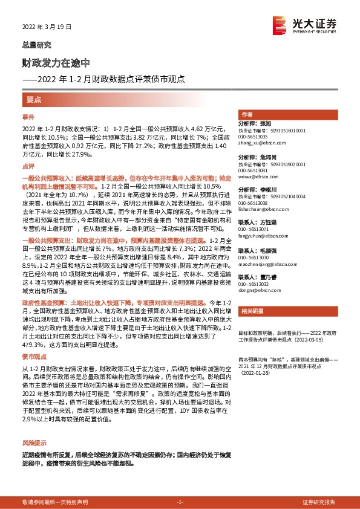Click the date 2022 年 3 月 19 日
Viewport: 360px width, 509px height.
pyautogui.click(x=47, y=27)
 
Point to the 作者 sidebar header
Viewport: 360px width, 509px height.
pyautogui.click(x=246, y=114)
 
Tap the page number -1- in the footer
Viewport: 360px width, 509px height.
pyautogui.click(x=179, y=502)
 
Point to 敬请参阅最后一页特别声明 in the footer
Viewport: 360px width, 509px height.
pyautogui.click(x=55, y=502)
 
